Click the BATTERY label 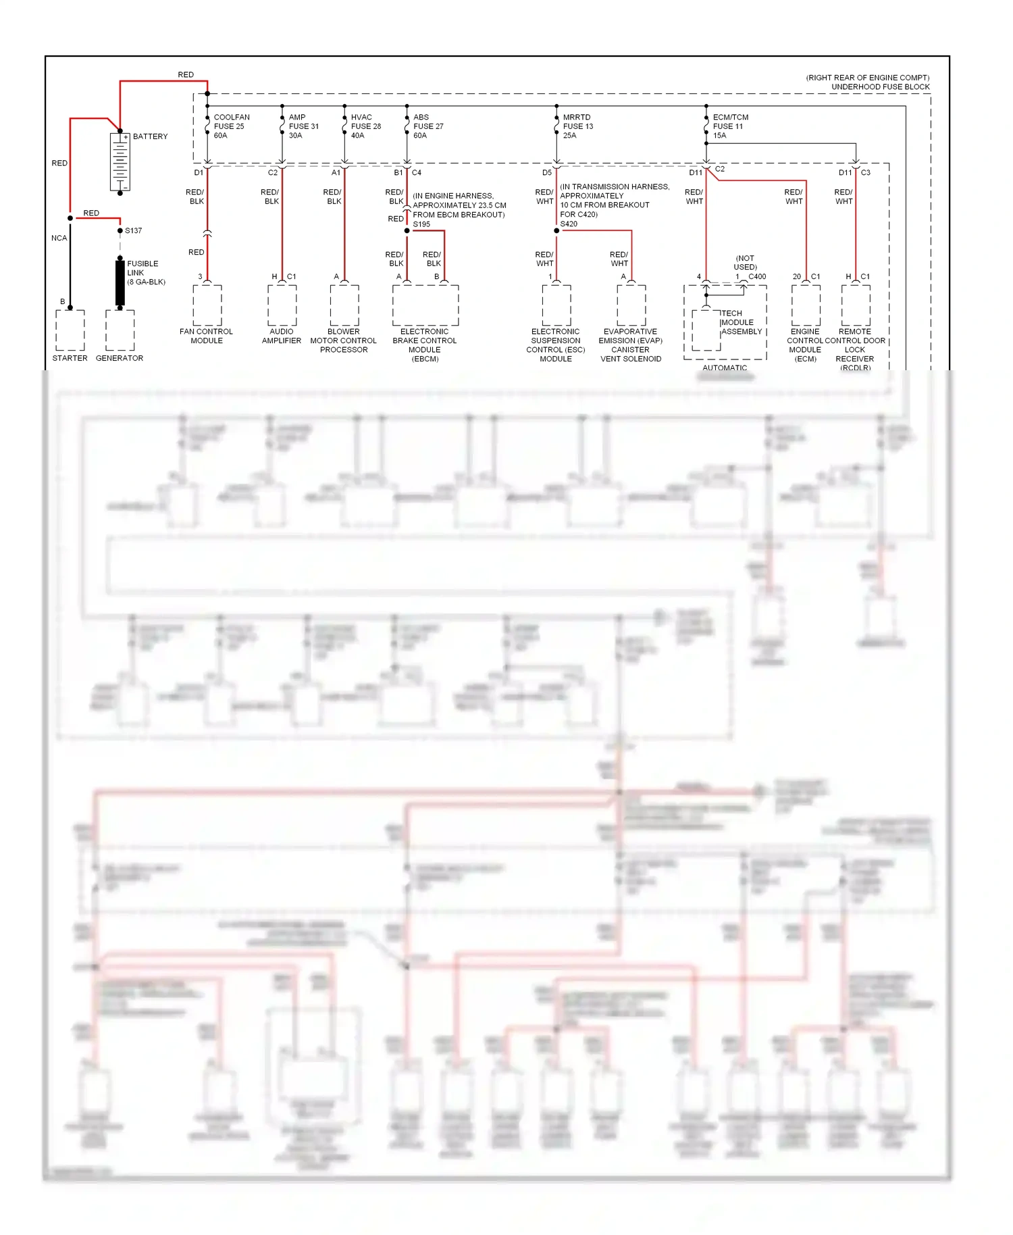tap(150, 136)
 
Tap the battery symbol tap(120, 161)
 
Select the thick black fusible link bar tap(120, 281)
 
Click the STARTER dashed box tap(70, 330)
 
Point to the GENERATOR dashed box tap(120, 330)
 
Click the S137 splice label tap(133, 231)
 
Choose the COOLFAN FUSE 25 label tap(231, 126)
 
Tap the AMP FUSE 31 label tap(303, 126)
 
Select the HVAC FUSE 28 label tap(365, 126)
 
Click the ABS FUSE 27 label tap(428, 126)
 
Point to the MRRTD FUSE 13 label tap(578, 126)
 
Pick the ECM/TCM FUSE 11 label tap(730, 126)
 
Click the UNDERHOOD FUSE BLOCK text tap(880, 87)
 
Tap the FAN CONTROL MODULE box tap(207, 305)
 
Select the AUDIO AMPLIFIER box tap(282, 305)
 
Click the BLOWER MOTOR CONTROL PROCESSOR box tap(344, 305)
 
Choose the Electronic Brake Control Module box tap(425, 305)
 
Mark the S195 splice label tap(421, 224)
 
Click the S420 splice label tap(569, 224)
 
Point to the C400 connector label tap(757, 276)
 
